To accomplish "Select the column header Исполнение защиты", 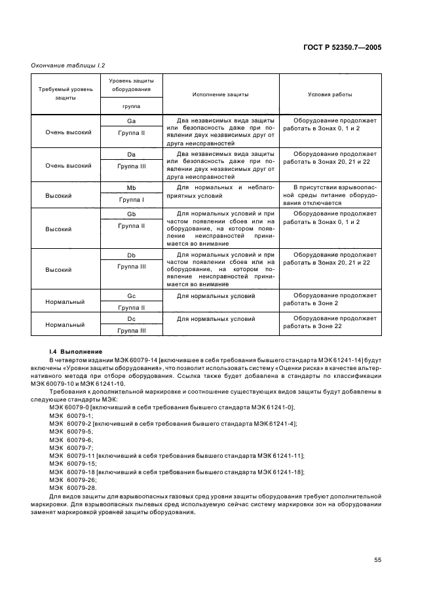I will (220, 94).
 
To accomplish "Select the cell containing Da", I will (131, 155).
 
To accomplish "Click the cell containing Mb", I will (131, 188).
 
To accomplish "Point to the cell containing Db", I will (131, 254).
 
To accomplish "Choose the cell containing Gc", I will (131, 295).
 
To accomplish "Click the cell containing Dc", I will (131, 318).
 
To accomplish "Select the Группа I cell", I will (131, 199).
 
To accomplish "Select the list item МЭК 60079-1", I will (70, 415).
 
